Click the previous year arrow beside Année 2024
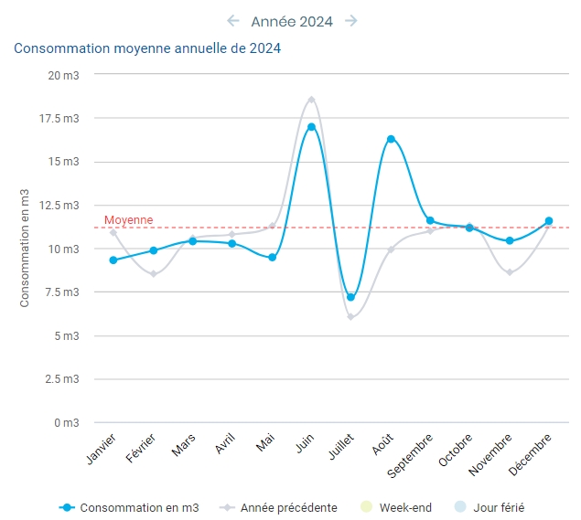click(233, 21)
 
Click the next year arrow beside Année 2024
click(351, 21)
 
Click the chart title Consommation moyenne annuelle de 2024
click(147, 48)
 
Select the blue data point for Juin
click(311, 127)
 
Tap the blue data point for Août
click(391, 139)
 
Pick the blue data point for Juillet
click(350, 297)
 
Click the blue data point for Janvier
click(113, 260)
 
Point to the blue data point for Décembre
click(548, 220)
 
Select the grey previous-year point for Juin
click(311, 100)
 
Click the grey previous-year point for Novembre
click(510, 272)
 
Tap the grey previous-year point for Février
click(154, 274)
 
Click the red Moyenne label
click(128, 220)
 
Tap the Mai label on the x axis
click(265, 442)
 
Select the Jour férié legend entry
click(490, 507)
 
